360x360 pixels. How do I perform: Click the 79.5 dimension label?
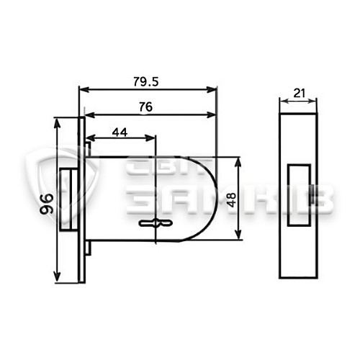pyautogui.click(x=146, y=82)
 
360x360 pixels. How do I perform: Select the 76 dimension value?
pyautogui.click(x=145, y=107)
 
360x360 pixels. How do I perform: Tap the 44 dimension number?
pyautogui.click(x=120, y=132)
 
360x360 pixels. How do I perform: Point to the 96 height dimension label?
pyautogui.click(x=46, y=204)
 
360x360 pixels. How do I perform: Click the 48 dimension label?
pyautogui.click(x=232, y=200)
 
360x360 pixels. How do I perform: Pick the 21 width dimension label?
pyautogui.click(x=299, y=93)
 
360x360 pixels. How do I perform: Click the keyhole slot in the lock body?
pyautogui.click(x=156, y=223)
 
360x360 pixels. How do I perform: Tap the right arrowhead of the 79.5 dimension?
pyautogui.click(x=212, y=90)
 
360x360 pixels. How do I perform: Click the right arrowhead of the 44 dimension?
pyautogui.click(x=150, y=138)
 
